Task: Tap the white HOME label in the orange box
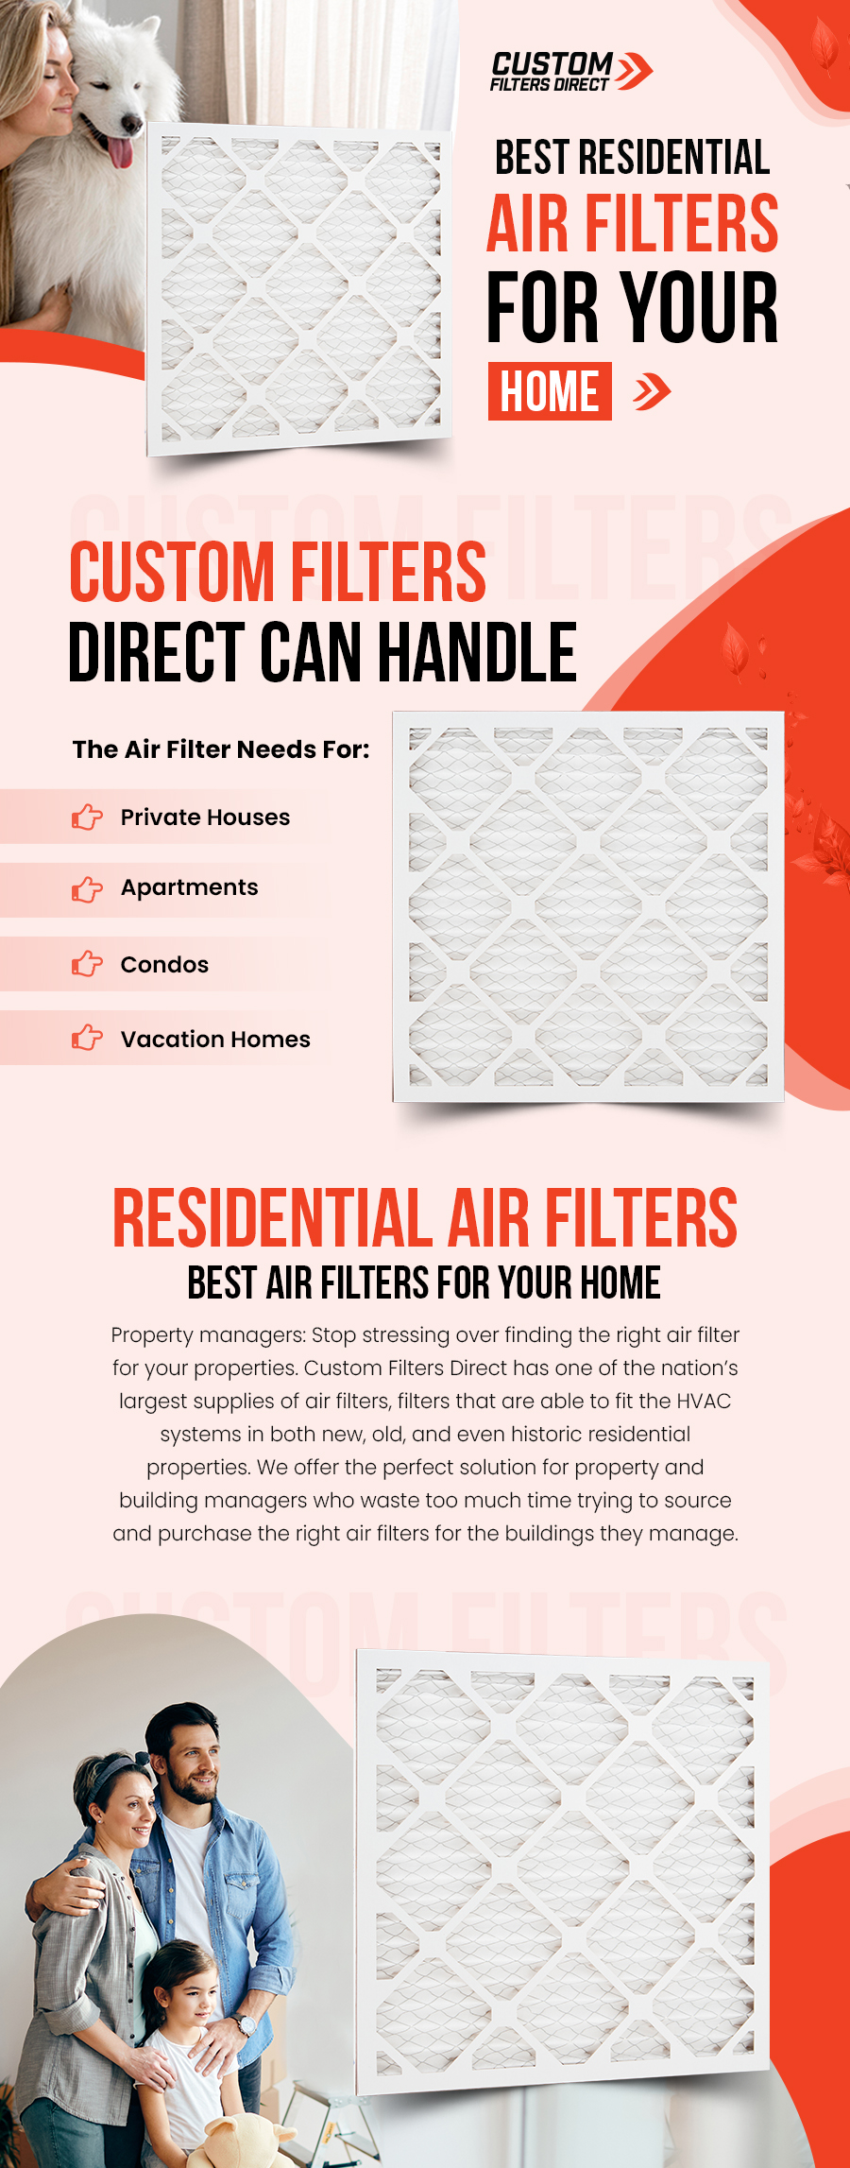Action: pos(550,391)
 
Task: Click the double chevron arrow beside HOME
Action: pos(652,391)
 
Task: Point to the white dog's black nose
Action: pos(132,125)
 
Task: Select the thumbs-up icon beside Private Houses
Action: pos(87,817)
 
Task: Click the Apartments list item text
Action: pos(189,888)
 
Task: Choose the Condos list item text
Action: pos(164,965)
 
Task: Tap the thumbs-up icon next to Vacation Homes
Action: pos(87,1038)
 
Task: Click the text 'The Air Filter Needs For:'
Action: pos(221,749)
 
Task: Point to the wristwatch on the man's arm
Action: pos(246,2023)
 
